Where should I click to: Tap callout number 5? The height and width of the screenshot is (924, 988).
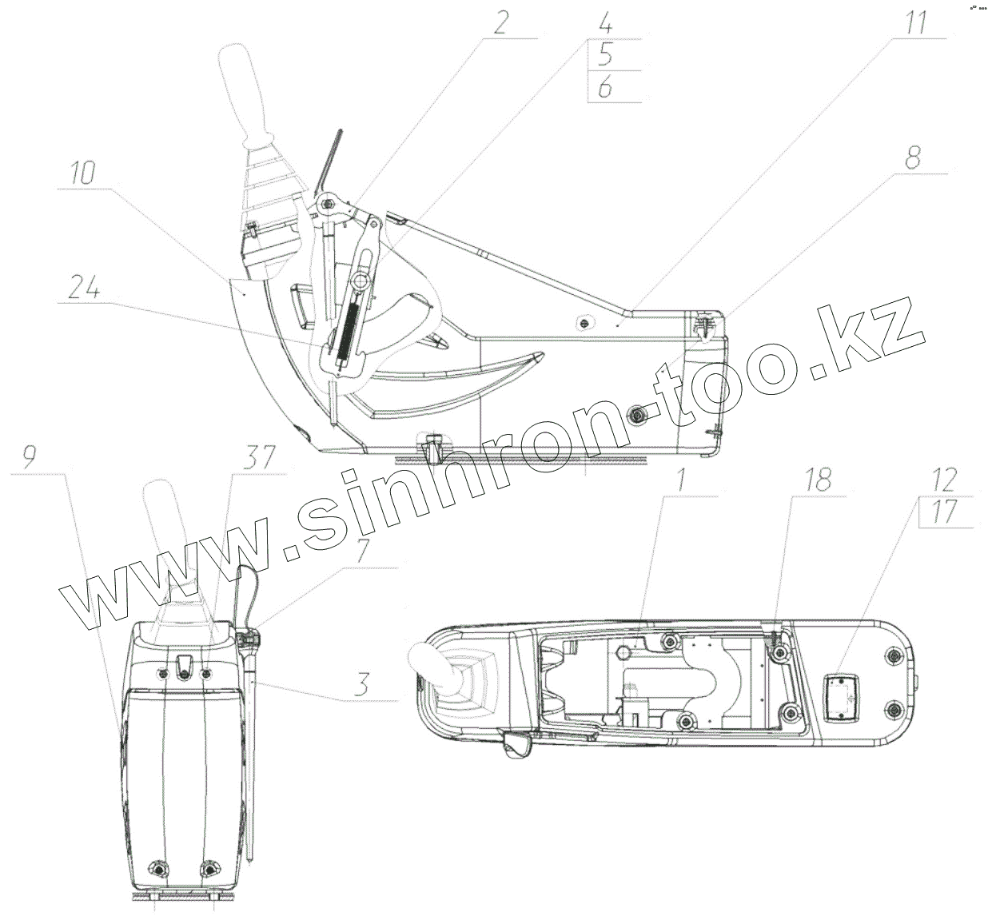[x=605, y=54]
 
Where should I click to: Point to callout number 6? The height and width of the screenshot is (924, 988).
[x=605, y=86]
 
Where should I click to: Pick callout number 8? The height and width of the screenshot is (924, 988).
[x=913, y=157]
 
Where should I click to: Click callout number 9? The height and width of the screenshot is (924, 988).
[x=30, y=458]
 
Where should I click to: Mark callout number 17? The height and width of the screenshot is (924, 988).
[x=945, y=512]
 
